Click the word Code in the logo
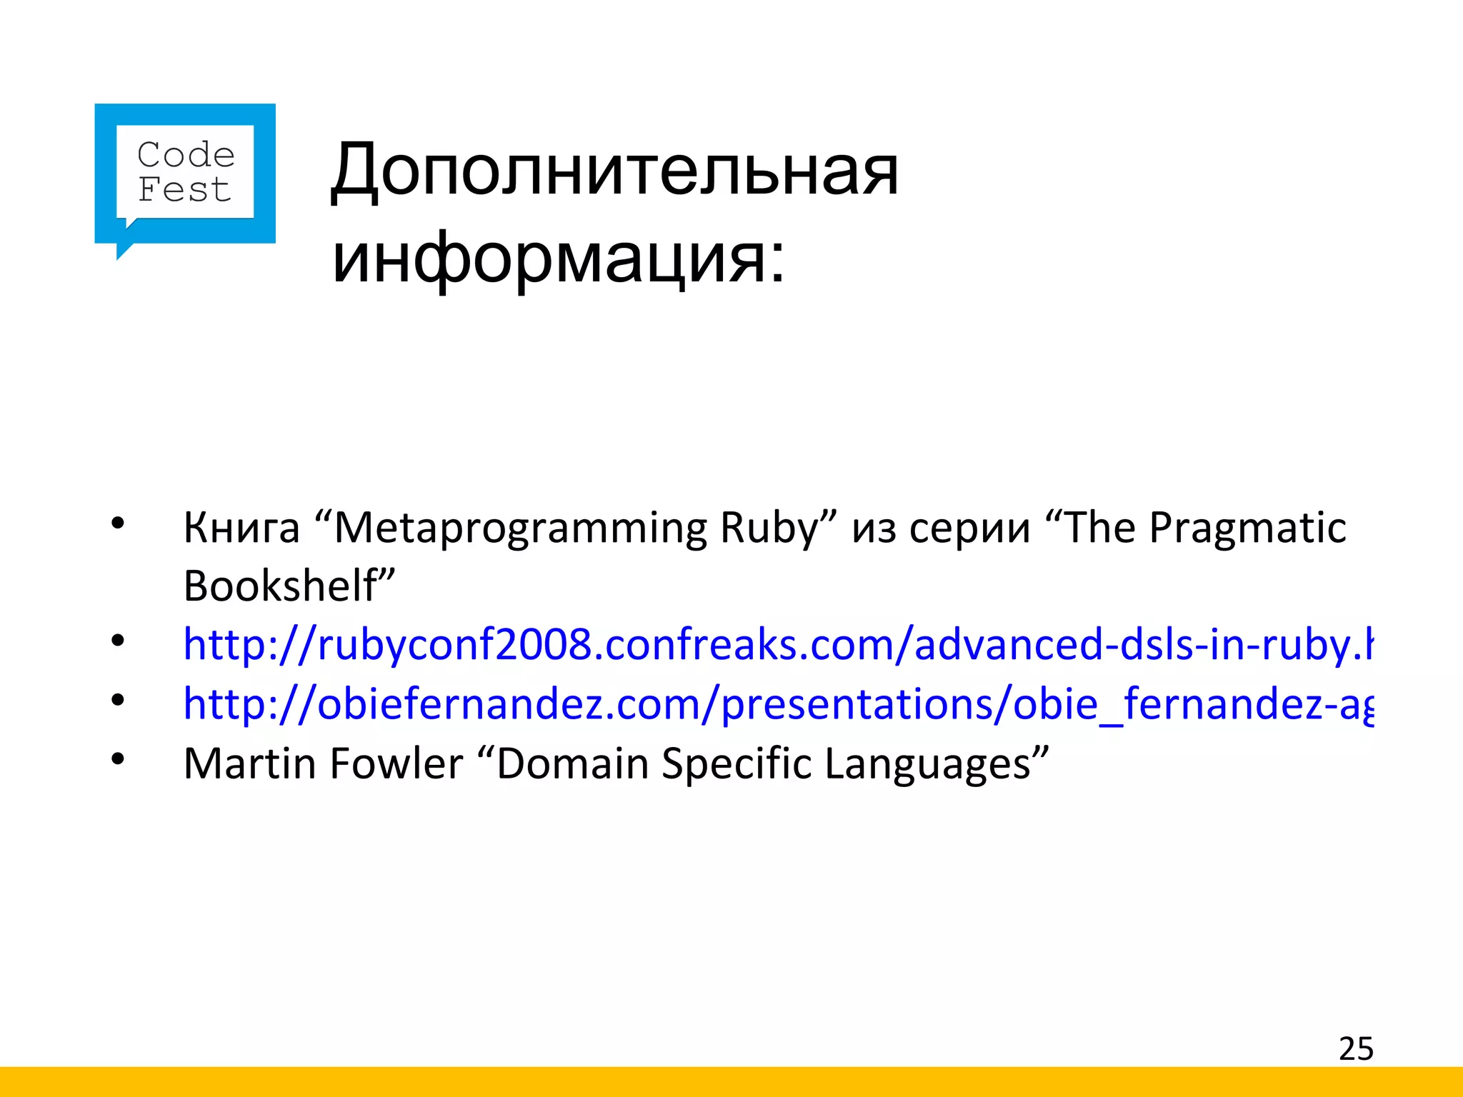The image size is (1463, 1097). point(186,155)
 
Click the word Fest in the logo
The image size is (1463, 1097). point(184,190)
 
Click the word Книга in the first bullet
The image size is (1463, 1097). point(241,529)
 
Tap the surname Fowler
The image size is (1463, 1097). point(396,763)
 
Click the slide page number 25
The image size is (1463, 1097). point(1356,1048)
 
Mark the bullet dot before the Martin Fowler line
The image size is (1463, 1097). point(118,758)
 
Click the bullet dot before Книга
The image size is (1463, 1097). point(118,524)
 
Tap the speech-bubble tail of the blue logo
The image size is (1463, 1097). point(123,250)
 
